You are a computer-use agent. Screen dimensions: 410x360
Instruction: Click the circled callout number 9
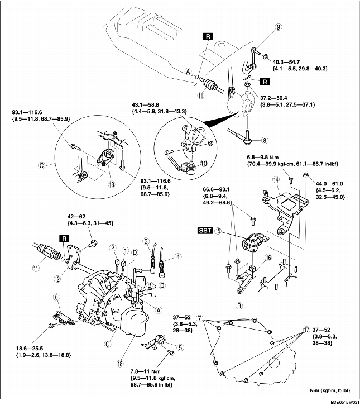click(x=262, y=26)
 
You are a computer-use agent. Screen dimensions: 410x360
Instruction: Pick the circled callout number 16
click(x=268, y=258)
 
